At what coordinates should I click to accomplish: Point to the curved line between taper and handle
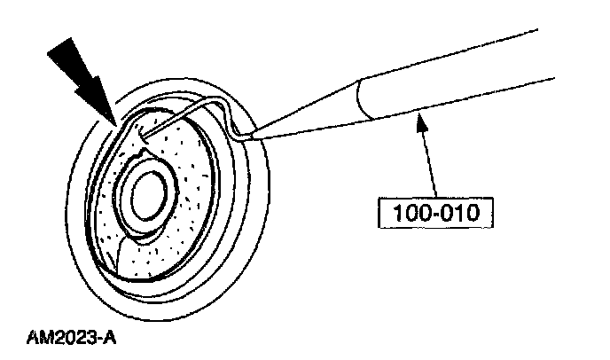(x=362, y=95)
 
